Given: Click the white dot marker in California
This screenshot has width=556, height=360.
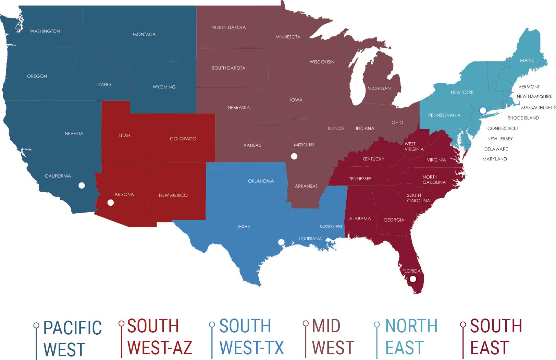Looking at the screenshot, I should click(82, 185).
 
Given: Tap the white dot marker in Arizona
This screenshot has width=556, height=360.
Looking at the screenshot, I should click(110, 203).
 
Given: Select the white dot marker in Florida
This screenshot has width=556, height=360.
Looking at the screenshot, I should click(413, 279).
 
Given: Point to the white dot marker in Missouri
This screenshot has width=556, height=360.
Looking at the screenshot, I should click(294, 156).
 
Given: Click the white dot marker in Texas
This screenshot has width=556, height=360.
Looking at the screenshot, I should click(281, 242).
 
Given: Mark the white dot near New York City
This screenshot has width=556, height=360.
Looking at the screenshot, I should click(483, 110).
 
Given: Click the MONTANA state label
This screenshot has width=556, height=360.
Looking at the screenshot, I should click(144, 34).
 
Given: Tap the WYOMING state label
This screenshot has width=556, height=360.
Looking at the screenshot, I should click(164, 87).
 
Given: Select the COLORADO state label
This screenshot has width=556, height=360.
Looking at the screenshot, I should click(183, 139).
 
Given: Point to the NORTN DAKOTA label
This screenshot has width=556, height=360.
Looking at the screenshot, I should click(228, 27).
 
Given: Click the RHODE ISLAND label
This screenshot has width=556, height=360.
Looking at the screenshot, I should click(523, 118).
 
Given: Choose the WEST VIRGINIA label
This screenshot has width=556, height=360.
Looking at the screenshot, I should click(413, 146).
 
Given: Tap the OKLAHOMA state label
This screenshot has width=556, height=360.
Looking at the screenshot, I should click(261, 181).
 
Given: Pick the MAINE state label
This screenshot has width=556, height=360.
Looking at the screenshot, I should click(527, 60).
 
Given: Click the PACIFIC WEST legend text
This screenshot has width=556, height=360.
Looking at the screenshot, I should click(72, 338).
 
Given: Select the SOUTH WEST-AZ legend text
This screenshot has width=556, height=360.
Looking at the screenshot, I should click(159, 337).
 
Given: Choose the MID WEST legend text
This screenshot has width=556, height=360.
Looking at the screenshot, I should click(332, 337).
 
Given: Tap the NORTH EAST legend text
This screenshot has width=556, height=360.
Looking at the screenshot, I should click(411, 337).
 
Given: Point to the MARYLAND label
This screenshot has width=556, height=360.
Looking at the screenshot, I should click(494, 159).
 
